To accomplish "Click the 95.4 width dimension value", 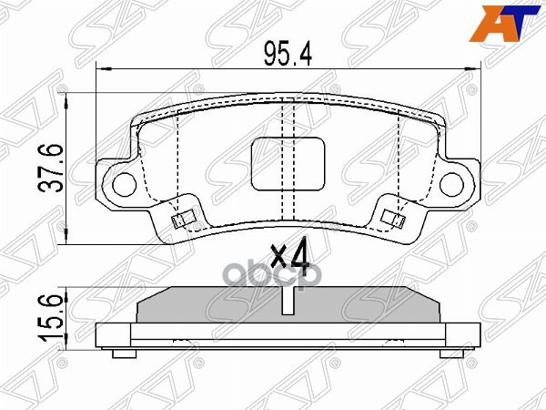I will point(288,56).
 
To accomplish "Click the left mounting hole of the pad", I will point(123,183).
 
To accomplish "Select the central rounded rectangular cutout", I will point(288,164).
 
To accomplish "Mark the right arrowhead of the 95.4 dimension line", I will point(474,69).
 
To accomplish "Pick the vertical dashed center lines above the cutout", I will point(288,118).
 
